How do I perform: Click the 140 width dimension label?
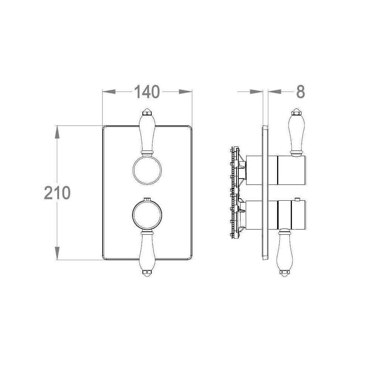click(147, 92)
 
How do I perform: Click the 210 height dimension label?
click(57, 193)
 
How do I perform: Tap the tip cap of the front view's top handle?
click(147, 112)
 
